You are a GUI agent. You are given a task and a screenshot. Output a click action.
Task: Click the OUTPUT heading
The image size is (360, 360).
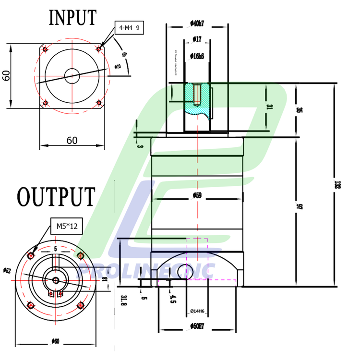(56, 196)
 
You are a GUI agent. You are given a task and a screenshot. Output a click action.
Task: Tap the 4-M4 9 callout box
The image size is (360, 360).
(129, 28)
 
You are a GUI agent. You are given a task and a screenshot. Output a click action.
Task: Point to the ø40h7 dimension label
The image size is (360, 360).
(197, 23)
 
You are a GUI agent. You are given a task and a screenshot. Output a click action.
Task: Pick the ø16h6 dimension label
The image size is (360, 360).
(197, 56)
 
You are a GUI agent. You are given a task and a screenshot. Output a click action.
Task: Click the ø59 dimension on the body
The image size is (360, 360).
(197, 195)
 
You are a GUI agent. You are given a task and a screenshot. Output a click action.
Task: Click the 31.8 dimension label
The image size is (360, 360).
(123, 300)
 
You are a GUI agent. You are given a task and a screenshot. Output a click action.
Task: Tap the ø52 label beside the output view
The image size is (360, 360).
(7, 271)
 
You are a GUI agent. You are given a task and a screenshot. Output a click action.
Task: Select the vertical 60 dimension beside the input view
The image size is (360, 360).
(6, 76)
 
